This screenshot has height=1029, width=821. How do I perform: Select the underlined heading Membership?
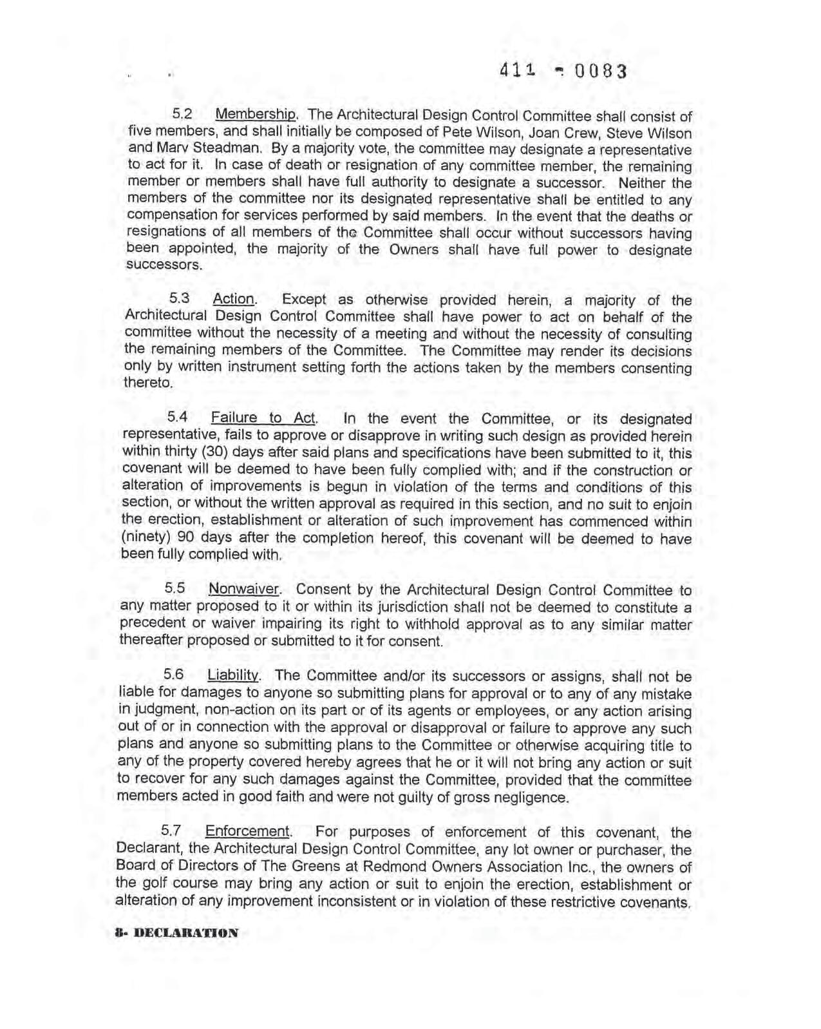tap(256, 115)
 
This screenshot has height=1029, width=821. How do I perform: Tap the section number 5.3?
tap(180, 298)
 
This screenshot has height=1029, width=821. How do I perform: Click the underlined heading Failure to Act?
tap(263, 418)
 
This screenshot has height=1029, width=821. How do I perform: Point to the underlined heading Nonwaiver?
tap(243, 589)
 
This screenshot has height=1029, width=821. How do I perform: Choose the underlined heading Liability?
tap(232, 675)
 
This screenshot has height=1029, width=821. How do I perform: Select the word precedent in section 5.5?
tap(151, 623)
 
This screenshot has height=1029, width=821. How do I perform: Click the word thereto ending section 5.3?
tap(148, 383)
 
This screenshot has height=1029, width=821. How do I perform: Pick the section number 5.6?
tap(174, 675)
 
